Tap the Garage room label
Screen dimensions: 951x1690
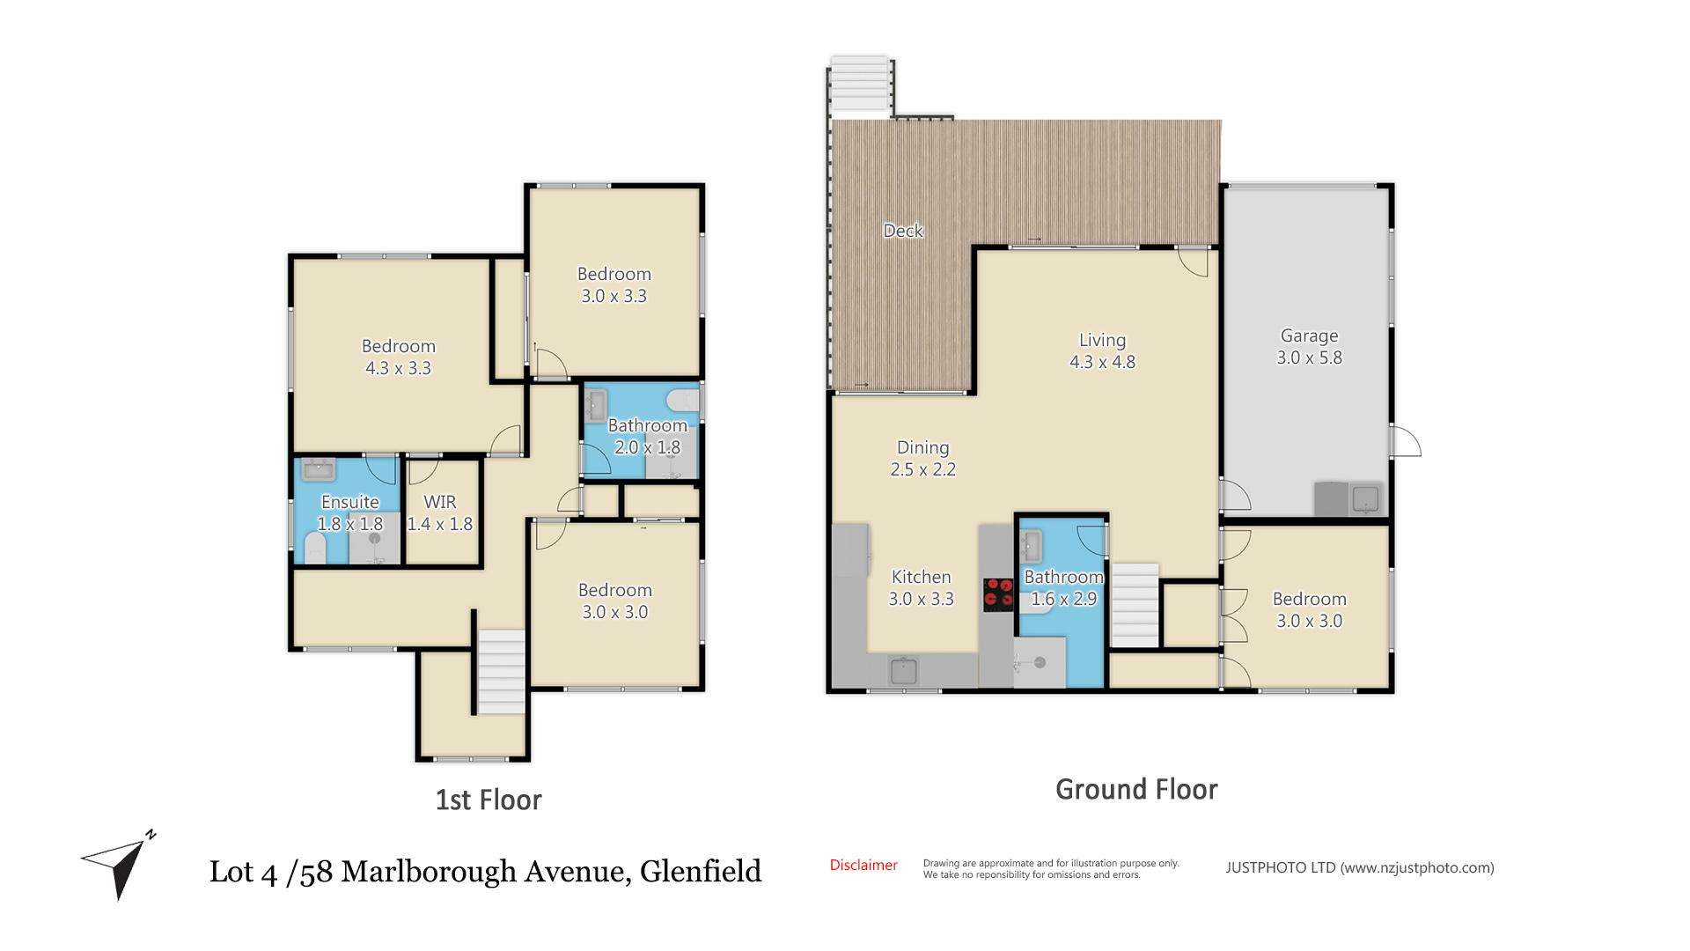point(1309,335)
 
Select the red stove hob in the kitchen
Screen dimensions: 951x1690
point(998,593)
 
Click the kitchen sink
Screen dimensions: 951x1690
point(904,672)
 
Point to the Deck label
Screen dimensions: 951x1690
point(903,231)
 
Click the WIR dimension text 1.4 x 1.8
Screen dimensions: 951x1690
point(440,524)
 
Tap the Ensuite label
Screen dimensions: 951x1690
point(349,502)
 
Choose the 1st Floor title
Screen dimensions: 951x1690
point(489,800)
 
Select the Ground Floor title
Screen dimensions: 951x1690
point(1136,789)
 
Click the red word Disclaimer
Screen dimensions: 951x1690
point(863,865)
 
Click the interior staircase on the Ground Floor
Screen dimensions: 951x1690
point(1135,605)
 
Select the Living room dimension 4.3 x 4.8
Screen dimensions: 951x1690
point(1102,362)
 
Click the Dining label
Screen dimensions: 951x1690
point(922,447)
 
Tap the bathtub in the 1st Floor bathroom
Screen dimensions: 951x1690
point(682,403)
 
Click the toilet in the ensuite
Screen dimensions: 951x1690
point(314,549)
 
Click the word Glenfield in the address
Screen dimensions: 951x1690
point(701,871)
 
